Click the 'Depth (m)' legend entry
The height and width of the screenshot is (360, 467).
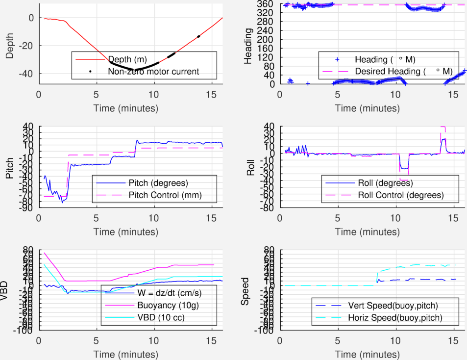click(127, 59)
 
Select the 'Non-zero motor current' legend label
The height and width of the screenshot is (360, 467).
click(153, 72)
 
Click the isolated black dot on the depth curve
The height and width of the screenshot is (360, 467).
click(198, 36)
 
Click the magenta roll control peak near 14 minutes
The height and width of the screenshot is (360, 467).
click(443, 128)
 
